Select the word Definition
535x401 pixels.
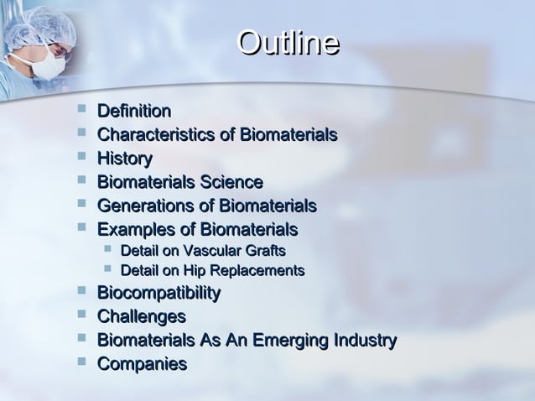click(x=135, y=111)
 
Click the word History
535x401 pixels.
click(x=125, y=158)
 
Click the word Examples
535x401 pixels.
click(x=134, y=229)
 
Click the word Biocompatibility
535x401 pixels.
click(x=159, y=293)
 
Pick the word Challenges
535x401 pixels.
click(x=142, y=317)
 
